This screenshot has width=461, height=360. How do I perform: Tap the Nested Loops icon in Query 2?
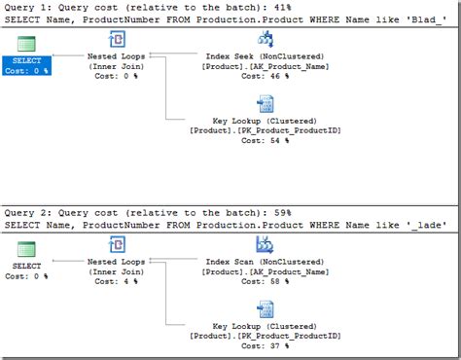(116, 247)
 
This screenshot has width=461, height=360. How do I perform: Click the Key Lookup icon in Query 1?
(265, 104)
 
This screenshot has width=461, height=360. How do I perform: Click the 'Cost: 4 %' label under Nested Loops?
(116, 280)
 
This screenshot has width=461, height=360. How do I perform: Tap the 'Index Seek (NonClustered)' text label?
(265, 56)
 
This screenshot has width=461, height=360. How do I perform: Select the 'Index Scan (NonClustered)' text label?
(265, 262)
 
